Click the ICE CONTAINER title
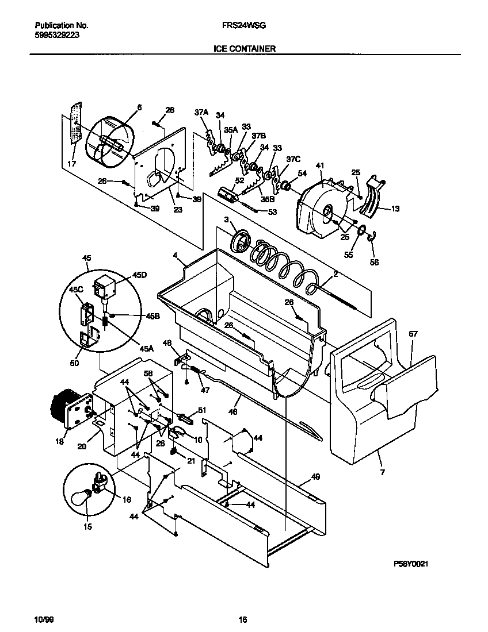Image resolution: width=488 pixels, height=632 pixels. pos(244,49)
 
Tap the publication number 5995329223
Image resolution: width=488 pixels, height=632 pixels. pos(57,34)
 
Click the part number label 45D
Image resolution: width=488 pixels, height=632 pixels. pos(140,276)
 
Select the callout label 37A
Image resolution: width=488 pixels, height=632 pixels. pos(201,113)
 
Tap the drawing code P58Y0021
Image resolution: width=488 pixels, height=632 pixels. pos(413,565)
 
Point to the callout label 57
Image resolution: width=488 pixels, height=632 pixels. pos(413,333)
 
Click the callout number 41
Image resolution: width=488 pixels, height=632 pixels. pos(321,165)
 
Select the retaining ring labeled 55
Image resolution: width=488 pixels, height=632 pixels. pos(361,232)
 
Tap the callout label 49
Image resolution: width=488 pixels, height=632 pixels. pos(315,477)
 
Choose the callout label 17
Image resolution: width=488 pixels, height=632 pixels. pos(71,164)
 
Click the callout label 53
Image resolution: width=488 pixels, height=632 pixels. pos(272,212)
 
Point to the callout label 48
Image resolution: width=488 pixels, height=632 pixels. pos(167,343)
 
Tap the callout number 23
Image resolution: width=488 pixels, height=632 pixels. pos(178,210)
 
